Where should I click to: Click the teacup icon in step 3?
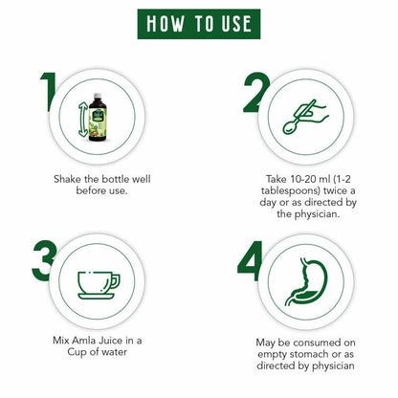[x=99, y=282]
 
